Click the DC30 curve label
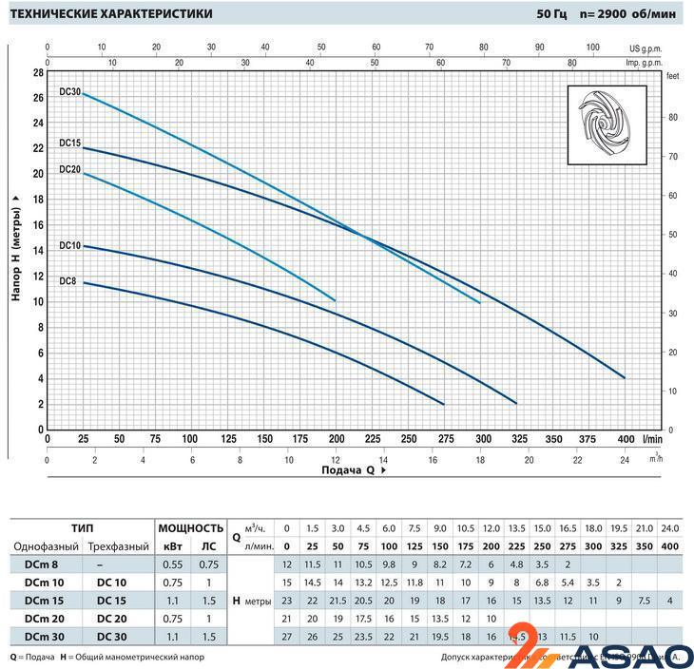[x=69, y=92]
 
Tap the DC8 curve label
[x=67, y=281]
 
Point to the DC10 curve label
[x=69, y=246]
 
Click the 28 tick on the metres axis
[x=38, y=72]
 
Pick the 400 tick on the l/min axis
[x=625, y=440]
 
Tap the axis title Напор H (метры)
[x=16, y=246]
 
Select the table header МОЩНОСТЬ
[x=190, y=528]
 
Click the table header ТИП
[x=82, y=528]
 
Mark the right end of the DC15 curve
[x=625, y=378]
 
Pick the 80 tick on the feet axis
[x=671, y=117]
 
